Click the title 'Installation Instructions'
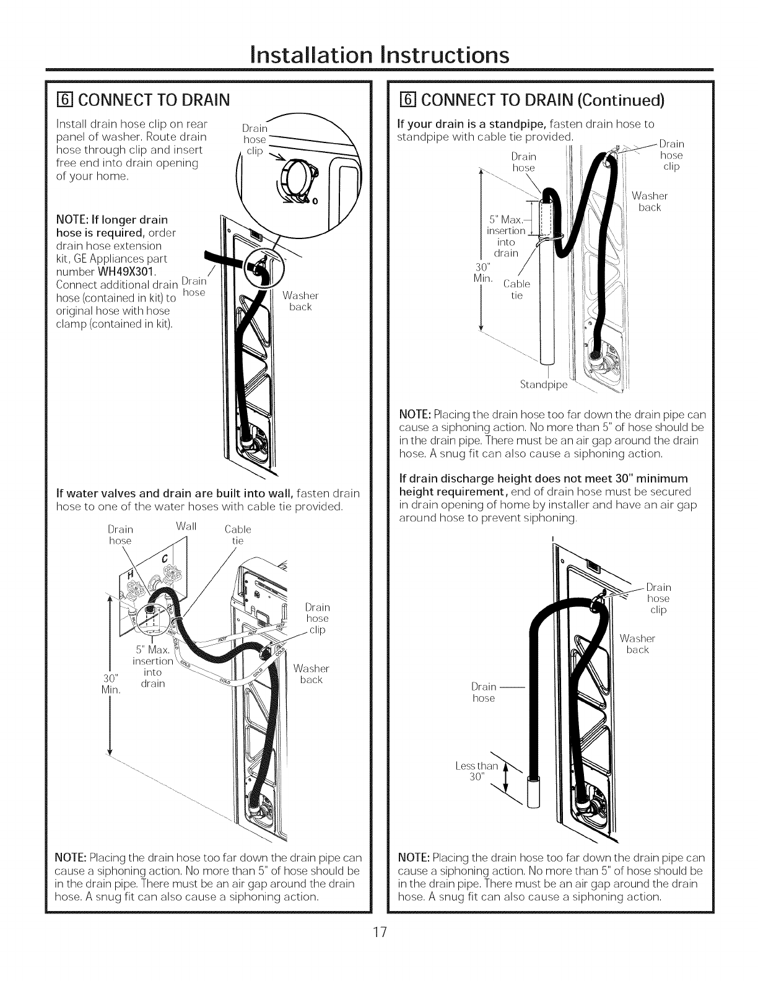(x=379, y=54)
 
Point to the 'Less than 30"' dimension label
(x=476, y=772)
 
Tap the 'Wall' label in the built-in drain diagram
(x=186, y=527)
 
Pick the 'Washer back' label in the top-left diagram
(x=300, y=302)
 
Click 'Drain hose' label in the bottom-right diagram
(x=484, y=692)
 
